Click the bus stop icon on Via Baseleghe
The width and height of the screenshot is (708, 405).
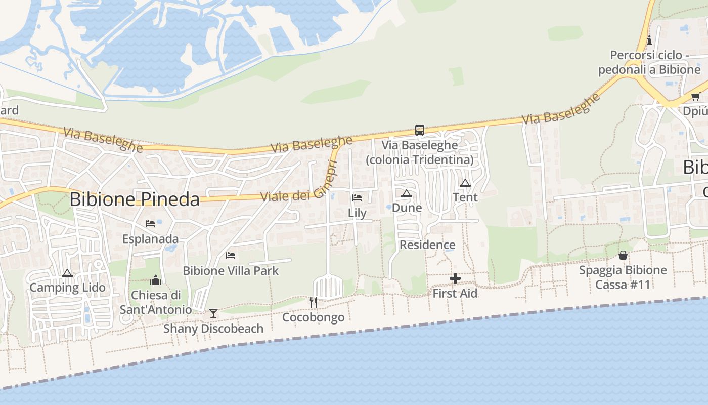pos(419,130)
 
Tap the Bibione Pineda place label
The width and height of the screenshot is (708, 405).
pos(135,199)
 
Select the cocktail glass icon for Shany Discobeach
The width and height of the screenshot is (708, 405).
pos(213,313)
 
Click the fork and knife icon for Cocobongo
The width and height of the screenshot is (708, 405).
pos(314,302)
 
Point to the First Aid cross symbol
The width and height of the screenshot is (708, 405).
pos(455,278)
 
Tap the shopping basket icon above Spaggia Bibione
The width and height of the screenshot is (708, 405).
pos(623,255)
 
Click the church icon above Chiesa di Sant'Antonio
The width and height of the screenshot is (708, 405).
pos(156,280)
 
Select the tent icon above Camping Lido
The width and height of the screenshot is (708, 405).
pos(67,273)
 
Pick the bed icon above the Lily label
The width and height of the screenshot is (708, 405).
pos(357,198)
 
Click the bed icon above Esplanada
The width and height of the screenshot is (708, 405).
pos(150,224)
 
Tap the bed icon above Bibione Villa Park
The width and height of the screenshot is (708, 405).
pos(231,256)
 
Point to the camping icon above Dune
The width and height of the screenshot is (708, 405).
pos(407,193)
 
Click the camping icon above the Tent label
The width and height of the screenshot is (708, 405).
pos(465,183)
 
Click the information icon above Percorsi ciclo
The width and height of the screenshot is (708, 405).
pos(649,40)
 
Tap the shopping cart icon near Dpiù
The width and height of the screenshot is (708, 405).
pos(695,97)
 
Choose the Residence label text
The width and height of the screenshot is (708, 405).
pos(427,245)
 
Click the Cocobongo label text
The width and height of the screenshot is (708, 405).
pos(313,317)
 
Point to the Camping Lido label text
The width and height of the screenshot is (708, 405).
pos(68,288)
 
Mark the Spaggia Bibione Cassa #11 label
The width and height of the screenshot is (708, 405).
pos(623,277)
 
